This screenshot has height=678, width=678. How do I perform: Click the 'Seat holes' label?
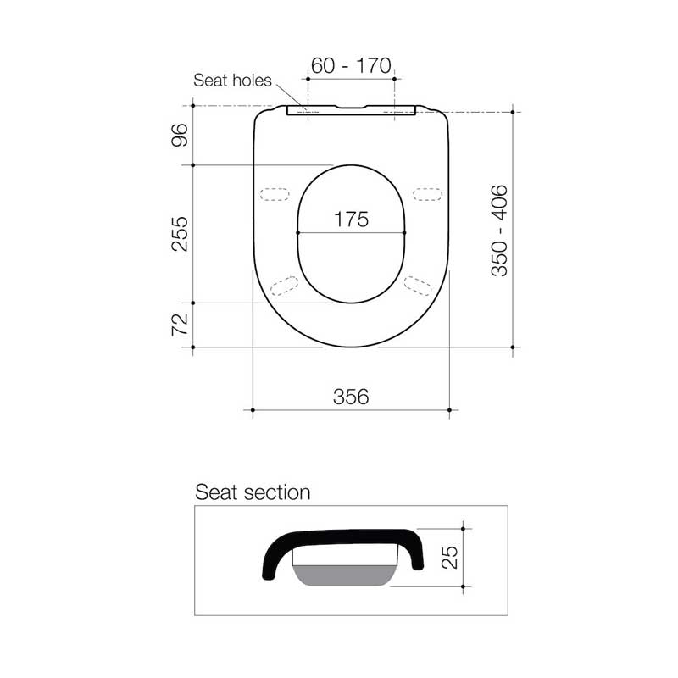pos(232,81)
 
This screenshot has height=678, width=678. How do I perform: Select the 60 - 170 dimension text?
pos(351,66)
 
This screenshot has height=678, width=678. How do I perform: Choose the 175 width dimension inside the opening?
pos(351,220)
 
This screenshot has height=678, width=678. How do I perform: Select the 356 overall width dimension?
pos(351,397)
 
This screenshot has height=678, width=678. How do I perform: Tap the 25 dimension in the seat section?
pos(450,557)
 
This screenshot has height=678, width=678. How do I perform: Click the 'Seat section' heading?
pos(253,492)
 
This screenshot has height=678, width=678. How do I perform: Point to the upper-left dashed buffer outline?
pos(274,194)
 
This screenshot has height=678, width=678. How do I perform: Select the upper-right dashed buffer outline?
pos(427,194)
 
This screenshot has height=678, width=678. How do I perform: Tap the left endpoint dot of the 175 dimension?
pos(298,232)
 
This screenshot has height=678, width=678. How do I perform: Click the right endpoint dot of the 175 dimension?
pos(404,232)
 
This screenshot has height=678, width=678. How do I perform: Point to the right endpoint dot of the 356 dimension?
pos(449,411)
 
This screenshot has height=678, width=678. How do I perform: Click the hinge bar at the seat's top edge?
pos(351,110)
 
